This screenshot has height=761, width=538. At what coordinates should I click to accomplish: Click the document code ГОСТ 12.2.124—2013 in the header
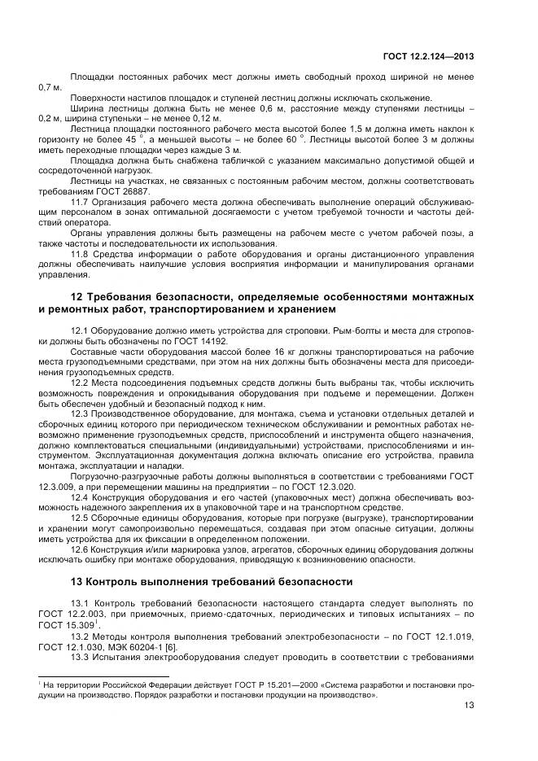429,56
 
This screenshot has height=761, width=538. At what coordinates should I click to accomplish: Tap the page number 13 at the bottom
469,707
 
